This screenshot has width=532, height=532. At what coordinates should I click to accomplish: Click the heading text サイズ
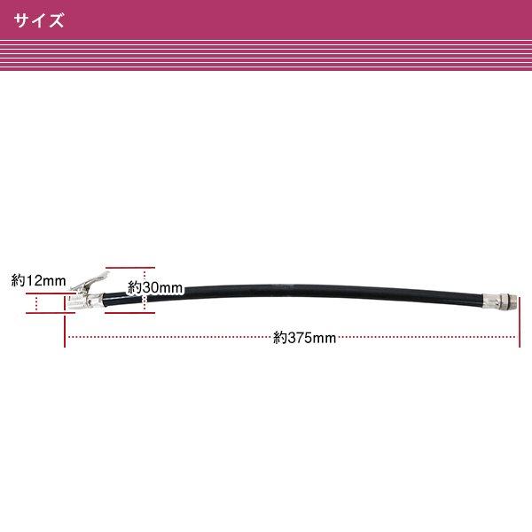39,20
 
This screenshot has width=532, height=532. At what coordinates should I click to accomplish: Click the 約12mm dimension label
38,280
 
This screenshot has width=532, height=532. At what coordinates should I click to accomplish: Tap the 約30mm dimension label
155,287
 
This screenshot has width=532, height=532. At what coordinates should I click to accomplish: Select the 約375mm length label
304,338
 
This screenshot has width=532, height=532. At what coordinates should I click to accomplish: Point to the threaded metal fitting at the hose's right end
499,301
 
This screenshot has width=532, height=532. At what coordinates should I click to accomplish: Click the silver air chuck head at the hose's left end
84,301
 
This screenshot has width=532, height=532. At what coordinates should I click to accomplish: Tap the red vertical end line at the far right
520,322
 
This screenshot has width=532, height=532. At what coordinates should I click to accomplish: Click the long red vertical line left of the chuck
65,322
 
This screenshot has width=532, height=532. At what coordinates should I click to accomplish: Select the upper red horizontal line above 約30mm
130,268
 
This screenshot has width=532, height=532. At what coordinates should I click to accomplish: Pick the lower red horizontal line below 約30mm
130,313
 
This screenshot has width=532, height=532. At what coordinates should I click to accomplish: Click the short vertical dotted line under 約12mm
36,303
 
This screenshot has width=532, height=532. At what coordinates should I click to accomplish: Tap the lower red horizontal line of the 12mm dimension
51,313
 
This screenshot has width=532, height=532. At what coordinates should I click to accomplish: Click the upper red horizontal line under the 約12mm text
51,293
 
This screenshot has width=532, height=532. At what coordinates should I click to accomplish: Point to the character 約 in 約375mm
280,338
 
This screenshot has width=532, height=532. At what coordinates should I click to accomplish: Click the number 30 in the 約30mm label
148,287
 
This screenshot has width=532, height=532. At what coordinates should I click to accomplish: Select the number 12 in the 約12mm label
32,280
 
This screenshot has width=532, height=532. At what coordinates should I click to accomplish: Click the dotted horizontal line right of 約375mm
426,337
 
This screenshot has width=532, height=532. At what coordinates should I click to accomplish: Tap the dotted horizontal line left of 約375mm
169,337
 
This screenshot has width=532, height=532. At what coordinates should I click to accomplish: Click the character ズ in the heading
56,20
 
